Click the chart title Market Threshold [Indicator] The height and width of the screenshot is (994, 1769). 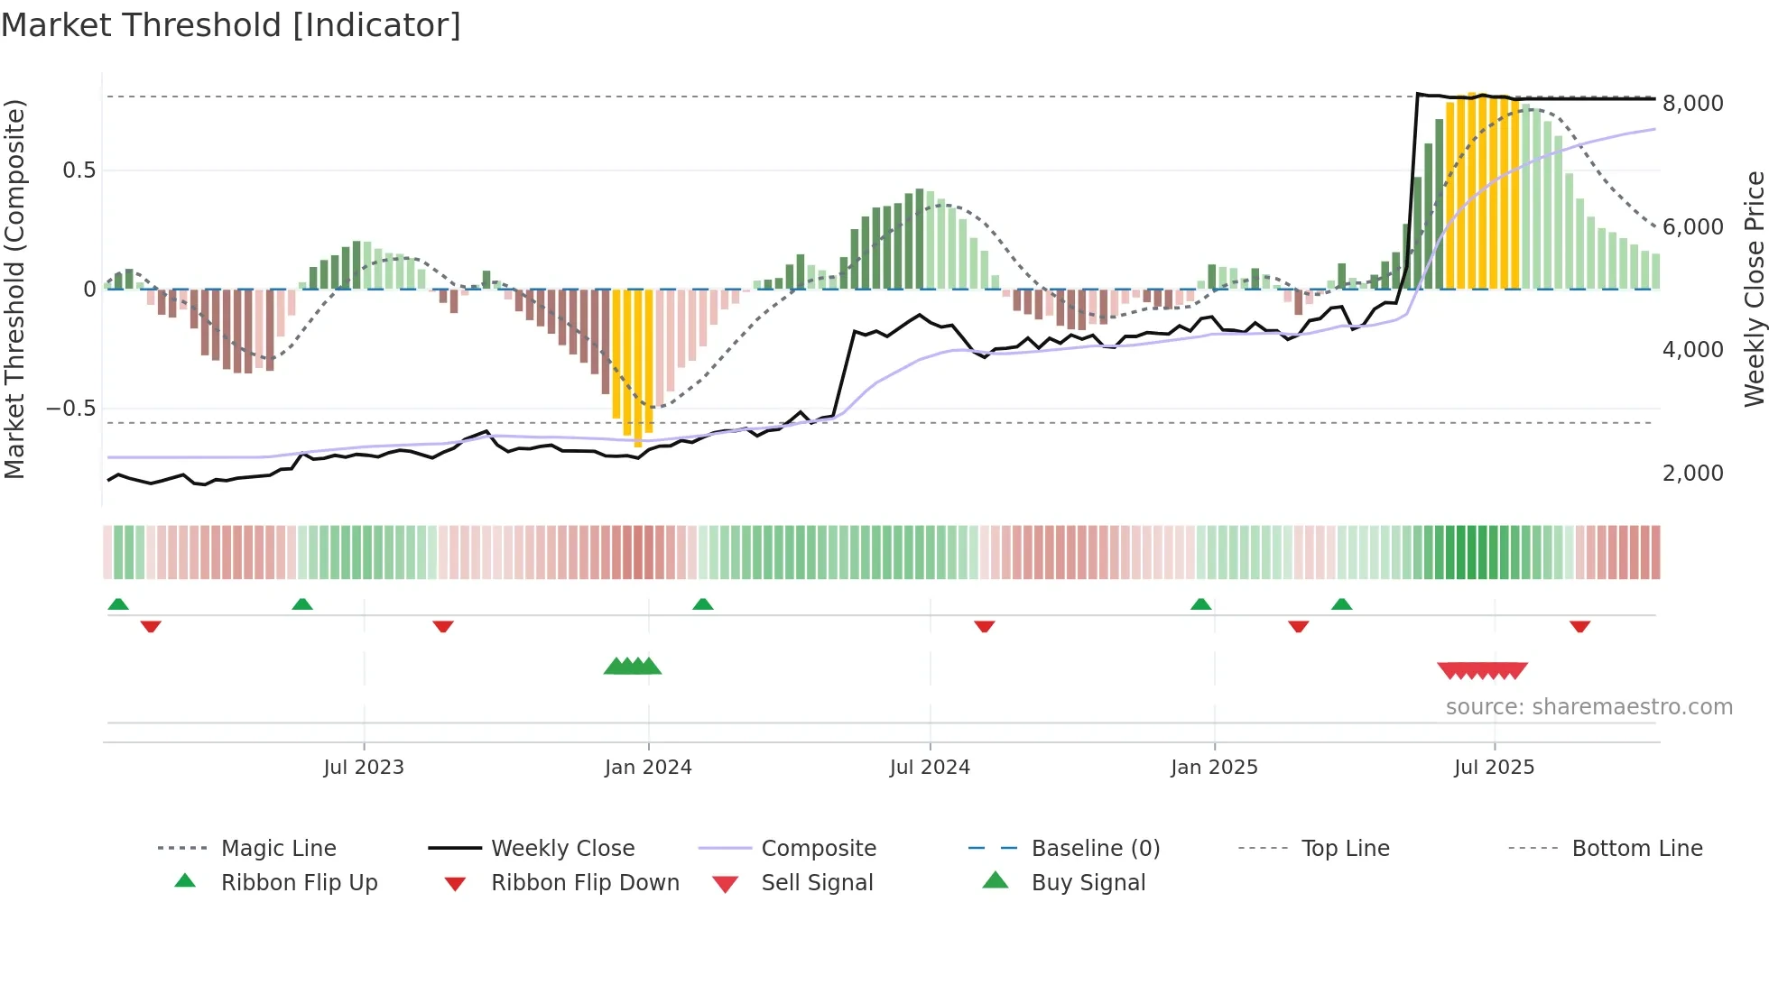231,25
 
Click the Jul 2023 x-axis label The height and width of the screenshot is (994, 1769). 364,768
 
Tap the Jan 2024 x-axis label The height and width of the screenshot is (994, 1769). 648,768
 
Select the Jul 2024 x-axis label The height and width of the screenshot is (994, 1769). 930,768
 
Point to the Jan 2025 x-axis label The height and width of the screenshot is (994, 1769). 1214,768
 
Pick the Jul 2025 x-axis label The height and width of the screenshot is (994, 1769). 1494,768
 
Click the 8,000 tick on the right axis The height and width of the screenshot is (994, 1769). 1692,104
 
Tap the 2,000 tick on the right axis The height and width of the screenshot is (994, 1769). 1692,474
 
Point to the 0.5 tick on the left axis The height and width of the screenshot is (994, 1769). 79,170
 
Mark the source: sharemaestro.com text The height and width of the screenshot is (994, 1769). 1588,707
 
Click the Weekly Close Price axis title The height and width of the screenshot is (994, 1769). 1754,289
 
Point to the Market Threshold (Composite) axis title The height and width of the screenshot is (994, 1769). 14,289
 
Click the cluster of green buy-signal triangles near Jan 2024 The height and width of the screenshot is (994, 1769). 633,667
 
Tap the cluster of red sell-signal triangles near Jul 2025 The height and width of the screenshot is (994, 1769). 1482,671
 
